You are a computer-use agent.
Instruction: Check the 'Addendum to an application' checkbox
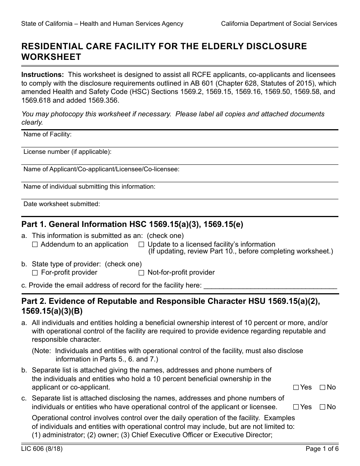(x=35, y=245)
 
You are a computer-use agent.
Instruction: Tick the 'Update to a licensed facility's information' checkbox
(x=141, y=245)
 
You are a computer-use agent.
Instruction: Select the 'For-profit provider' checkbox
(x=35, y=273)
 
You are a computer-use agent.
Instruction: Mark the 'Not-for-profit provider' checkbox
(x=141, y=273)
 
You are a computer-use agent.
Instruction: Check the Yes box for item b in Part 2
(x=296, y=388)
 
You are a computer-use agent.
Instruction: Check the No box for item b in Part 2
(x=322, y=388)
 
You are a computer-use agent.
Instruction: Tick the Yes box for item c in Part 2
(x=296, y=407)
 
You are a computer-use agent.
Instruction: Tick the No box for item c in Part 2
(x=322, y=407)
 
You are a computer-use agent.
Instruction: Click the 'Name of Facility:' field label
(x=47, y=134)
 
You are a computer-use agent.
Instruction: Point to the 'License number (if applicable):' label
(x=67, y=152)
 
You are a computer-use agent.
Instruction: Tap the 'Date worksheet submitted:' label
(x=62, y=204)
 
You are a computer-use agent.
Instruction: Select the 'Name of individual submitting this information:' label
(x=89, y=187)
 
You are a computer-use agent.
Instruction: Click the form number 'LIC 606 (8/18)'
(x=42, y=449)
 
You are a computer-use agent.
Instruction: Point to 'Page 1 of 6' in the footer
(x=322, y=449)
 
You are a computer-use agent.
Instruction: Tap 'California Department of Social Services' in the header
(x=279, y=24)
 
